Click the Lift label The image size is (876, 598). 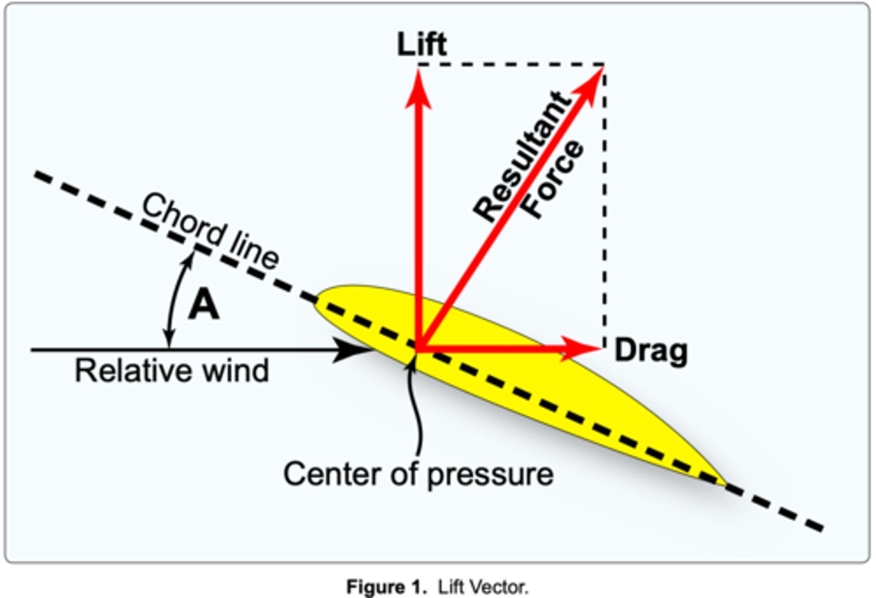pos(421,44)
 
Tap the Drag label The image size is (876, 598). pos(650,351)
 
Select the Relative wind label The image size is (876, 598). pos(172,371)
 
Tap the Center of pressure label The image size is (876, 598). pos(418,474)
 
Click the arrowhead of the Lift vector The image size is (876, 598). pos(418,88)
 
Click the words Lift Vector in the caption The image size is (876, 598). pos(483,588)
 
